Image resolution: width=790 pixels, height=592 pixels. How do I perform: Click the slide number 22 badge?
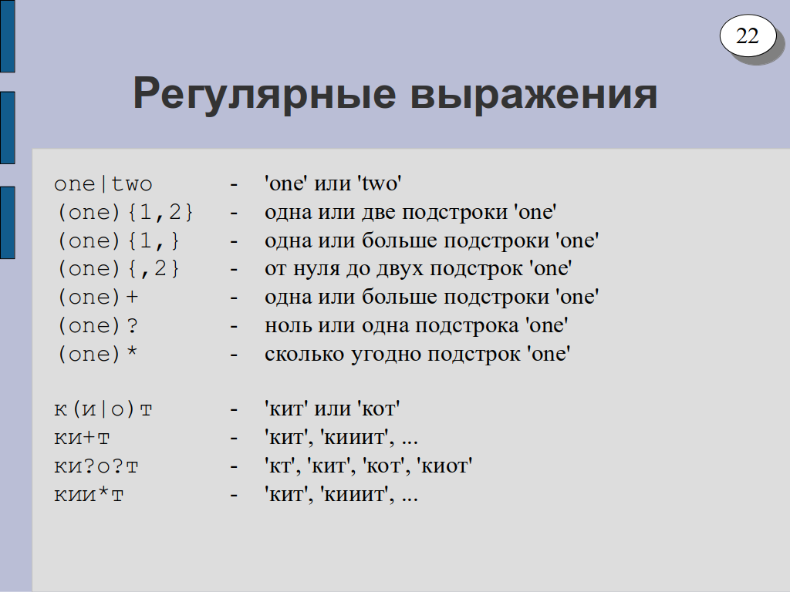(748, 35)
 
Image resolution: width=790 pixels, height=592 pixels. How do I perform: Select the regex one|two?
(103, 183)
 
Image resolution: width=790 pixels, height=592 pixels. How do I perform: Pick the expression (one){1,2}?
(125, 213)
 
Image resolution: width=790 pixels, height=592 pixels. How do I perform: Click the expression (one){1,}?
(118, 240)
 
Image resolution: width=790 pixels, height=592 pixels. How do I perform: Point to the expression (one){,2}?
(118, 269)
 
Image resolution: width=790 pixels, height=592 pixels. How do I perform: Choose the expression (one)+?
(97, 297)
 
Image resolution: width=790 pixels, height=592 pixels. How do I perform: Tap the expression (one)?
(97, 326)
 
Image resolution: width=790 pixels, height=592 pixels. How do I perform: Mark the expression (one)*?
(97, 354)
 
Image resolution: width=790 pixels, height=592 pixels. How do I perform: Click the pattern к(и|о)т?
(103, 409)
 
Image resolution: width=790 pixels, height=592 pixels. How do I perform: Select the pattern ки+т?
(82, 438)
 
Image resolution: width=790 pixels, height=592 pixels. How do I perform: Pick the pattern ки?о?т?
(96, 466)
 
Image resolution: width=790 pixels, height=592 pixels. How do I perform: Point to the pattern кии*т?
(89, 494)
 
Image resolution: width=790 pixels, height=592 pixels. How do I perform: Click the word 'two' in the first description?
(380, 183)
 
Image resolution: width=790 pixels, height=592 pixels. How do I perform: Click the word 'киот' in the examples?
(444, 466)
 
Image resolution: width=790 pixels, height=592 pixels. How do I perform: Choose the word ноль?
(288, 326)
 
